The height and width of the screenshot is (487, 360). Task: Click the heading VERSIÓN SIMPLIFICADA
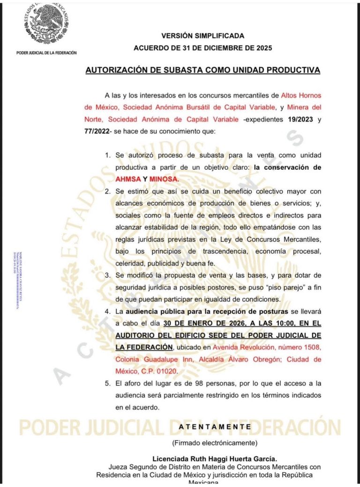tap(202, 36)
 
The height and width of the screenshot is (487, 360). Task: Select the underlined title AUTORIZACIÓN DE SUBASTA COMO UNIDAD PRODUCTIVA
tap(202, 70)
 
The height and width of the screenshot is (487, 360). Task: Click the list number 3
tap(107, 274)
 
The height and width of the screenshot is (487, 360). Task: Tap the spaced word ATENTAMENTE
tap(215, 427)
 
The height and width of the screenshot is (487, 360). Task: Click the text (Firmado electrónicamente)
tap(215, 442)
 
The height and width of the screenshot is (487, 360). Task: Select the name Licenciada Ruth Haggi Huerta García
tap(215, 458)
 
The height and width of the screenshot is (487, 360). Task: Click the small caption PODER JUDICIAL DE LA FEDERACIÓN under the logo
tap(46, 53)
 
